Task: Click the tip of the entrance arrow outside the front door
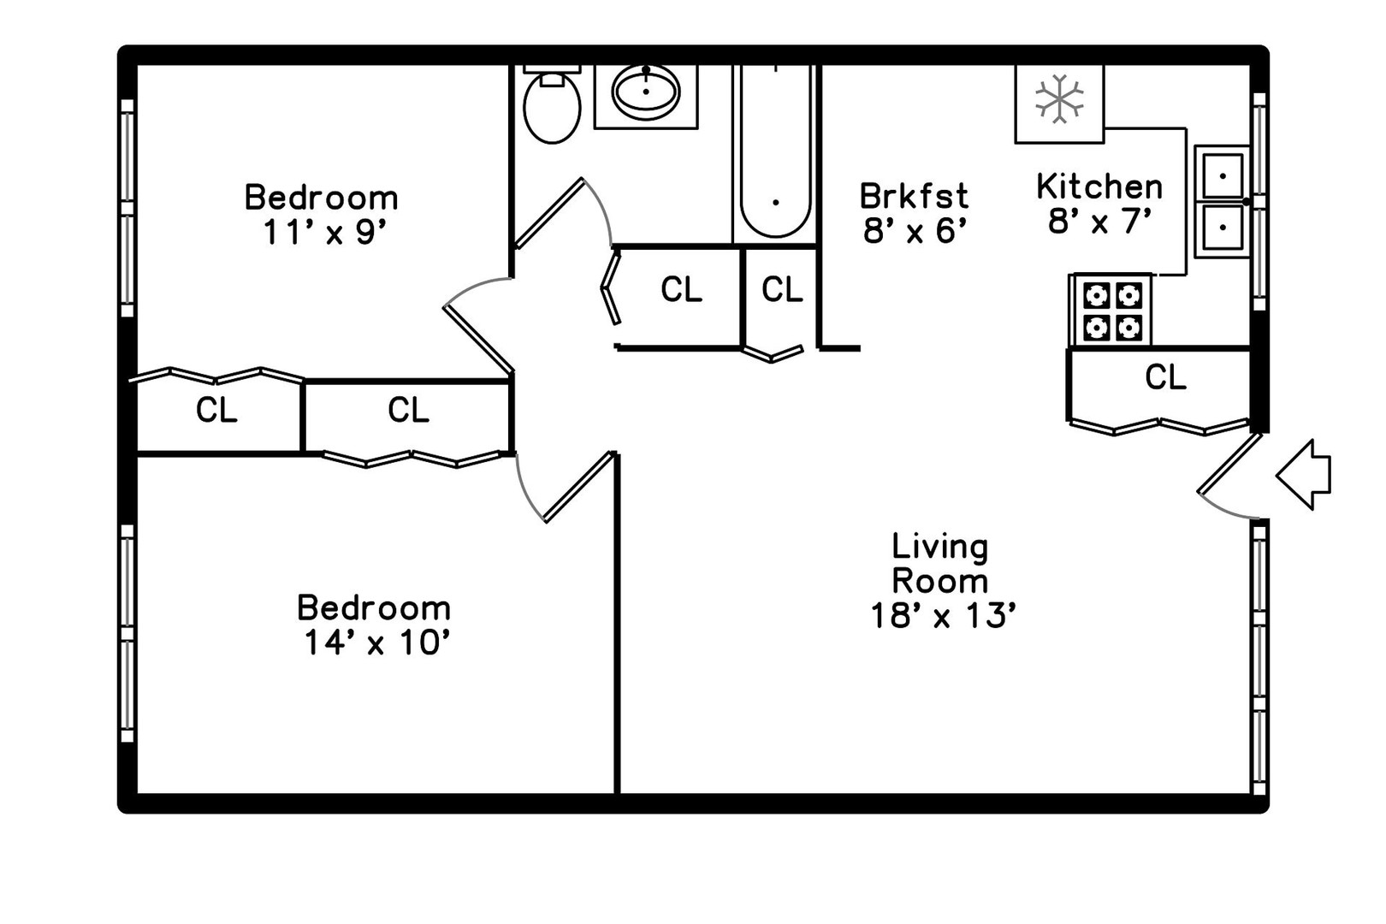(x=1277, y=476)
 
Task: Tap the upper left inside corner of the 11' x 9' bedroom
(x=138, y=66)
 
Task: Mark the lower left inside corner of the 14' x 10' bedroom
(x=138, y=793)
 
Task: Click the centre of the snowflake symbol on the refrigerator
(x=1059, y=99)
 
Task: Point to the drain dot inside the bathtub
(x=775, y=203)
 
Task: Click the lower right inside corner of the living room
(x=1250, y=793)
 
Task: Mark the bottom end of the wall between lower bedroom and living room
(x=617, y=793)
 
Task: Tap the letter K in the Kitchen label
(x=1047, y=187)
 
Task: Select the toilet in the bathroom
(x=552, y=105)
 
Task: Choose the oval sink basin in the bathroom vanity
(x=646, y=92)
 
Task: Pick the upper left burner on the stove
(x=1096, y=296)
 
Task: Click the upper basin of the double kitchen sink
(x=1223, y=175)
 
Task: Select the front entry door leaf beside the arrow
(x=1229, y=464)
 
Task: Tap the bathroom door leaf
(x=548, y=214)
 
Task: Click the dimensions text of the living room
(x=943, y=616)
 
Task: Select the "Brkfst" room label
(x=914, y=196)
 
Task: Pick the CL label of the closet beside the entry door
(x=1166, y=377)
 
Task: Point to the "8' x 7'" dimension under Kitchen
(x=1099, y=221)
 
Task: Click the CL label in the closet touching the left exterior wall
(x=216, y=410)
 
